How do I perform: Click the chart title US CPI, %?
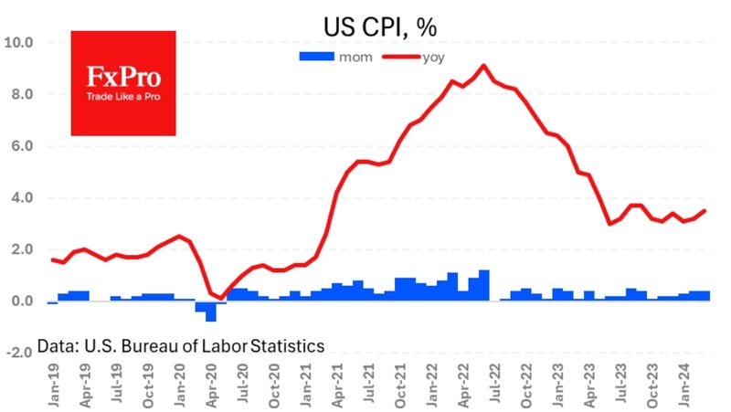point(380,27)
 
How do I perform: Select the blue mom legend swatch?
point(316,57)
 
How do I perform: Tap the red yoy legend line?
point(401,57)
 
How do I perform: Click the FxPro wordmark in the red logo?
point(123,77)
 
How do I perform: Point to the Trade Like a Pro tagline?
point(123,97)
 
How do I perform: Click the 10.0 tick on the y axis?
point(18,42)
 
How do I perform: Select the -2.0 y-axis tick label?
point(19,353)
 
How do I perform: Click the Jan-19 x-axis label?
point(54,386)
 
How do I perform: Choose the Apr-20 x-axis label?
point(211,386)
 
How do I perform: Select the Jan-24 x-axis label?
point(683,384)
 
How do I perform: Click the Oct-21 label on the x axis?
point(400,386)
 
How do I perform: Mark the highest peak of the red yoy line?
point(483,65)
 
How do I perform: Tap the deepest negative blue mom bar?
point(211,312)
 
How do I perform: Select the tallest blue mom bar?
point(484,285)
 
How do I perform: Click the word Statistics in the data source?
point(287,346)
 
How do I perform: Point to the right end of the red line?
point(704,211)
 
